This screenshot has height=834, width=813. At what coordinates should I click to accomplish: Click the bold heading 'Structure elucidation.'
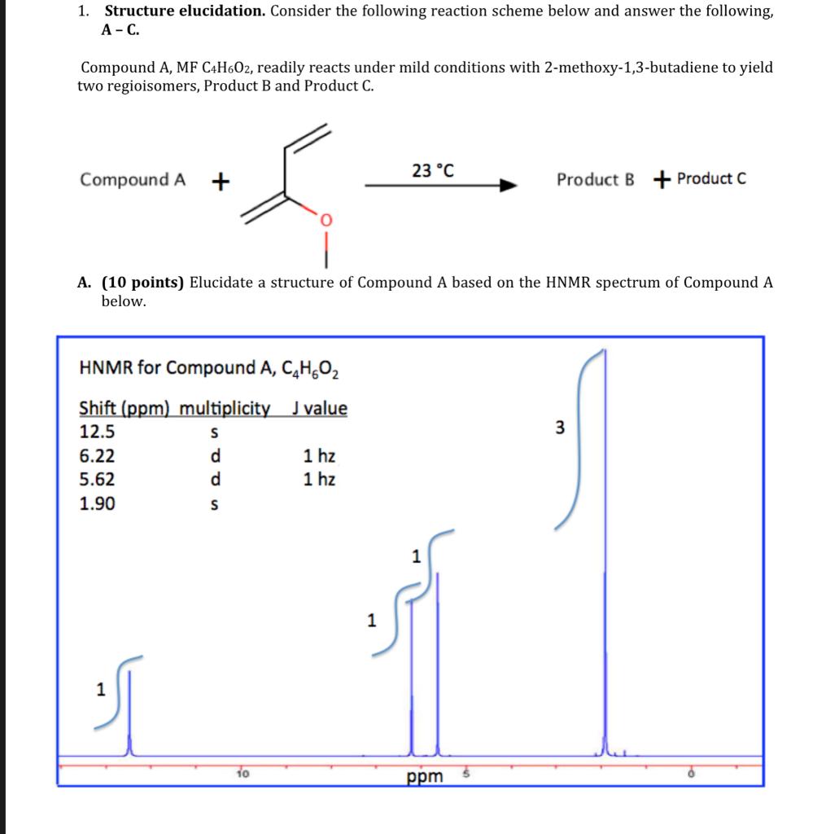tap(185, 11)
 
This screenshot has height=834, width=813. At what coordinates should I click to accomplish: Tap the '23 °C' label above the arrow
tap(433, 171)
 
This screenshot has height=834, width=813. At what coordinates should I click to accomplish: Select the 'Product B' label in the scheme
tap(595, 179)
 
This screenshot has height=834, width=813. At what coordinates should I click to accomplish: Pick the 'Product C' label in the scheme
tap(710, 178)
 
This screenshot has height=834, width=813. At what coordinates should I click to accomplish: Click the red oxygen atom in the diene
tap(326, 220)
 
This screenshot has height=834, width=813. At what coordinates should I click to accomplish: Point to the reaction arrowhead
tap(509, 186)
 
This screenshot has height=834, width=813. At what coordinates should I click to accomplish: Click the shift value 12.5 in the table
tap(97, 432)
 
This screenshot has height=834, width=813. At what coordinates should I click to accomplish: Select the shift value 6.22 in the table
tap(97, 456)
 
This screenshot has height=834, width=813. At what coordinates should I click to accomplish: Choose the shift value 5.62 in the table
tap(97, 479)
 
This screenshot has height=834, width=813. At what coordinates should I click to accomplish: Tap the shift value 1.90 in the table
tap(97, 503)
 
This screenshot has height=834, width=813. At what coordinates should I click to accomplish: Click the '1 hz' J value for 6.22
tap(319, 456)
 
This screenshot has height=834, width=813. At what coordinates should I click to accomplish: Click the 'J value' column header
tap(319, 408)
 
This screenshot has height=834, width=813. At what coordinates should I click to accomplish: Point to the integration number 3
tap(559, 428)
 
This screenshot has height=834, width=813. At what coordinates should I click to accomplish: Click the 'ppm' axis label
tap(425, 776)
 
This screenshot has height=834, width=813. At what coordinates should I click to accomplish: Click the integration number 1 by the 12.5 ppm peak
tap(100, 690)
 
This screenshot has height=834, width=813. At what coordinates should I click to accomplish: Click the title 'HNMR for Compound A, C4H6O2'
tap(209, 368)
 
